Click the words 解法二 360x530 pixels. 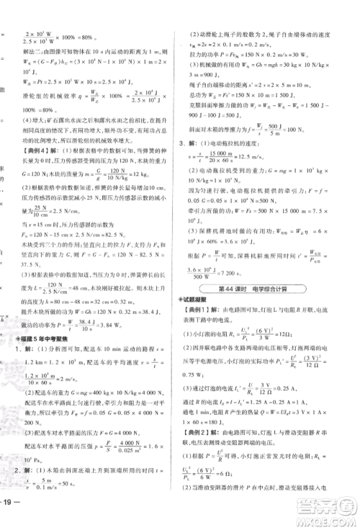34,52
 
